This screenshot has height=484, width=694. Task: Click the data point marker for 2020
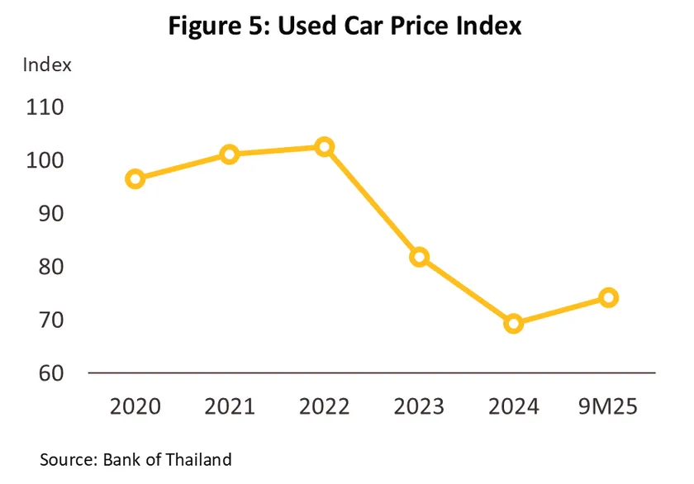coord(135,179)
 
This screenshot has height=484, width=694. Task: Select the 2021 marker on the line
coord(230,154)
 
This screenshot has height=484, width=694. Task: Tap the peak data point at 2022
coord(325,147)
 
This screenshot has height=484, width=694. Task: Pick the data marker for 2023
coord(419,257)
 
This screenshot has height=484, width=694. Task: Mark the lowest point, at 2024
coord(514,324)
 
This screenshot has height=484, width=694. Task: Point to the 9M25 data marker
coord(608,297)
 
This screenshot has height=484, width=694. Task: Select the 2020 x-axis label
coord(135,406)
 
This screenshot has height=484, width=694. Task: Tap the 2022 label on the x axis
coord(325,406)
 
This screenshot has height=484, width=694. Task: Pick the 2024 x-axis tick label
coord(514,406)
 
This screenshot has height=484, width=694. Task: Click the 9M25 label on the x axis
coord(608,406)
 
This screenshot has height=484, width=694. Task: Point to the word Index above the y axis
coord(47,64)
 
